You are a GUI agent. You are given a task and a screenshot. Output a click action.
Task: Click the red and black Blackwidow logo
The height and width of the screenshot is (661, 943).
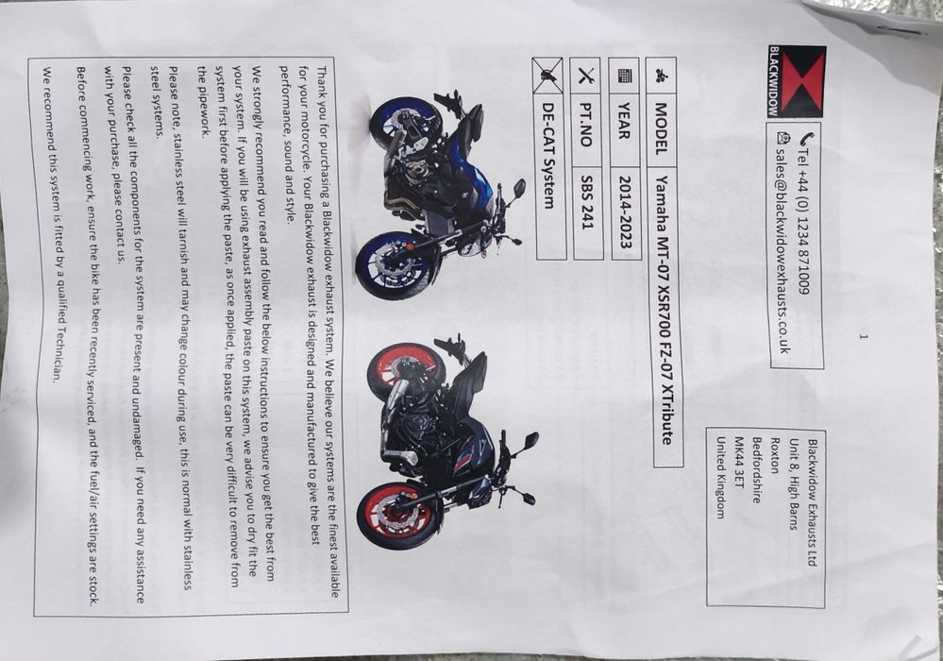[x=797, y=81]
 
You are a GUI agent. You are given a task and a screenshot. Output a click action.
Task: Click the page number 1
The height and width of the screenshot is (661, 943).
[x=863, y=337]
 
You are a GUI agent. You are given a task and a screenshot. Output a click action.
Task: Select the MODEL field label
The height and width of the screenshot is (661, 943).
[x=660, y=128]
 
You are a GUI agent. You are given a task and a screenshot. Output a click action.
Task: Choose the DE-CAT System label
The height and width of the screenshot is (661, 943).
[x=547, y=155]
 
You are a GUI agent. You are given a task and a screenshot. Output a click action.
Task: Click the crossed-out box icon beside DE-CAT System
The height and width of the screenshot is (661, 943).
[x=547, y=76]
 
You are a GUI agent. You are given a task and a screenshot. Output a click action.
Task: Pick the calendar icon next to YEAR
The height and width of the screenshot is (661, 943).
[x=624, y=76]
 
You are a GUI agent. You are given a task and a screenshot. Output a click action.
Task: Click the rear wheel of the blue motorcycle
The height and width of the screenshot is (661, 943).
[x=404, y=124]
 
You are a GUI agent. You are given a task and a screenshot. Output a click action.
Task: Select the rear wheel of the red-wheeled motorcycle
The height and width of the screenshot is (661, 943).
[x=406, y=373]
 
